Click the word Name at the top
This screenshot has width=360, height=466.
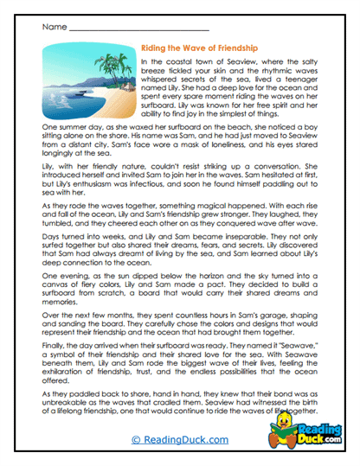click(52, 28)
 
